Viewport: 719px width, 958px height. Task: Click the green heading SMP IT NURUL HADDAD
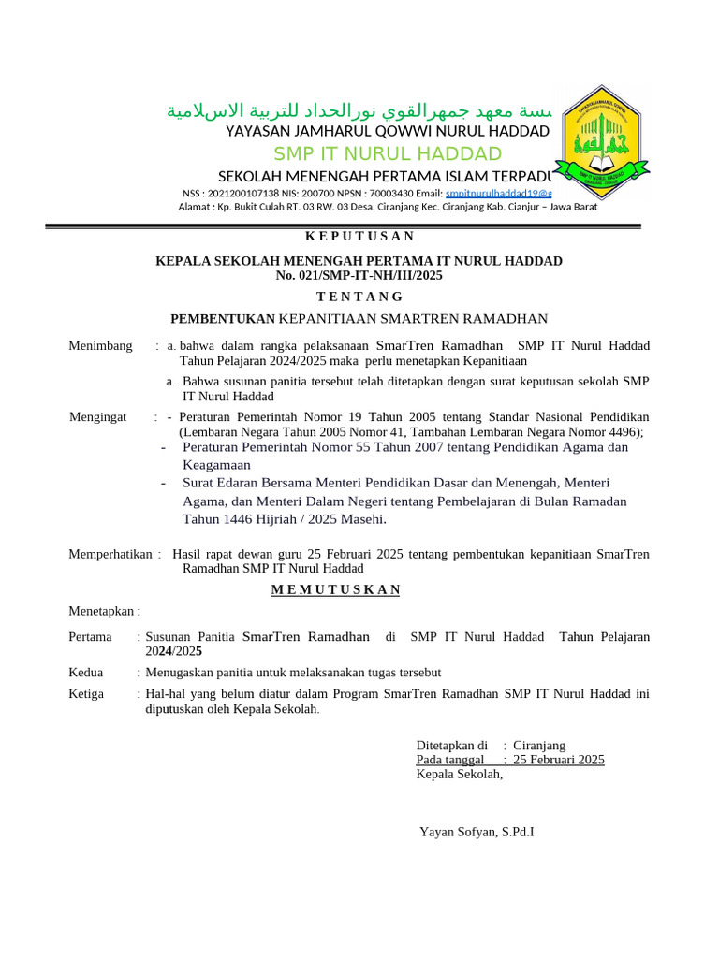[388, 153]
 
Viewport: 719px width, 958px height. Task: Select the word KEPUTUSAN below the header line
[360, 236]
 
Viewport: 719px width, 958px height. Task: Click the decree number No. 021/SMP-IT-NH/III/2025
[359, 275]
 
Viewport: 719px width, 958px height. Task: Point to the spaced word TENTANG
[359, 297]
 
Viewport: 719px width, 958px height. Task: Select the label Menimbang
[100, 346]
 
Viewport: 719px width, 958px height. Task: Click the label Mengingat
[97, 416]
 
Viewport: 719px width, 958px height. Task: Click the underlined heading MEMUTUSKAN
[335, 589]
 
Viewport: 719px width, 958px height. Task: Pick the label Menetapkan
[102, 611]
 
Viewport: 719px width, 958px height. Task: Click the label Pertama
[91, 636]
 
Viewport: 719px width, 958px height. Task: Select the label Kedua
[86, 672]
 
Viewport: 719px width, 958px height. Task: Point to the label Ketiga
[86, 693]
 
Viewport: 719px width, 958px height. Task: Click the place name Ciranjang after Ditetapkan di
[539, 746]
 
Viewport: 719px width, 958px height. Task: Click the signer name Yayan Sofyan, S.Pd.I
[477, 831]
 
